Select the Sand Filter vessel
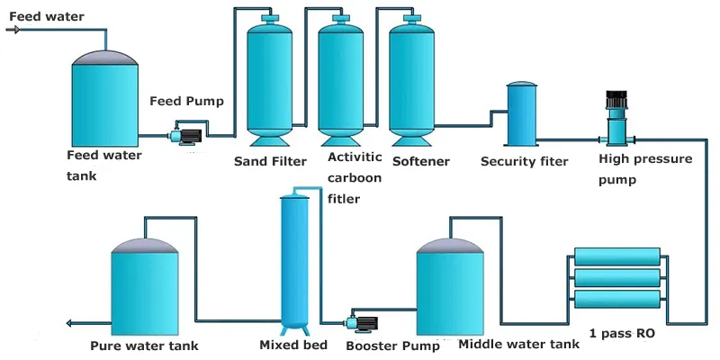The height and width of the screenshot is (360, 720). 272,81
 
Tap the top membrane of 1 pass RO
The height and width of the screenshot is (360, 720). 616,259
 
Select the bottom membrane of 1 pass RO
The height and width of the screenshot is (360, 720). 616,298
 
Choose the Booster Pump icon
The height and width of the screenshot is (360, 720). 361,322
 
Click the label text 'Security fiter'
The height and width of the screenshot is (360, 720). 524,162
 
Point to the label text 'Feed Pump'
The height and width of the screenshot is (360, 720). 186,101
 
